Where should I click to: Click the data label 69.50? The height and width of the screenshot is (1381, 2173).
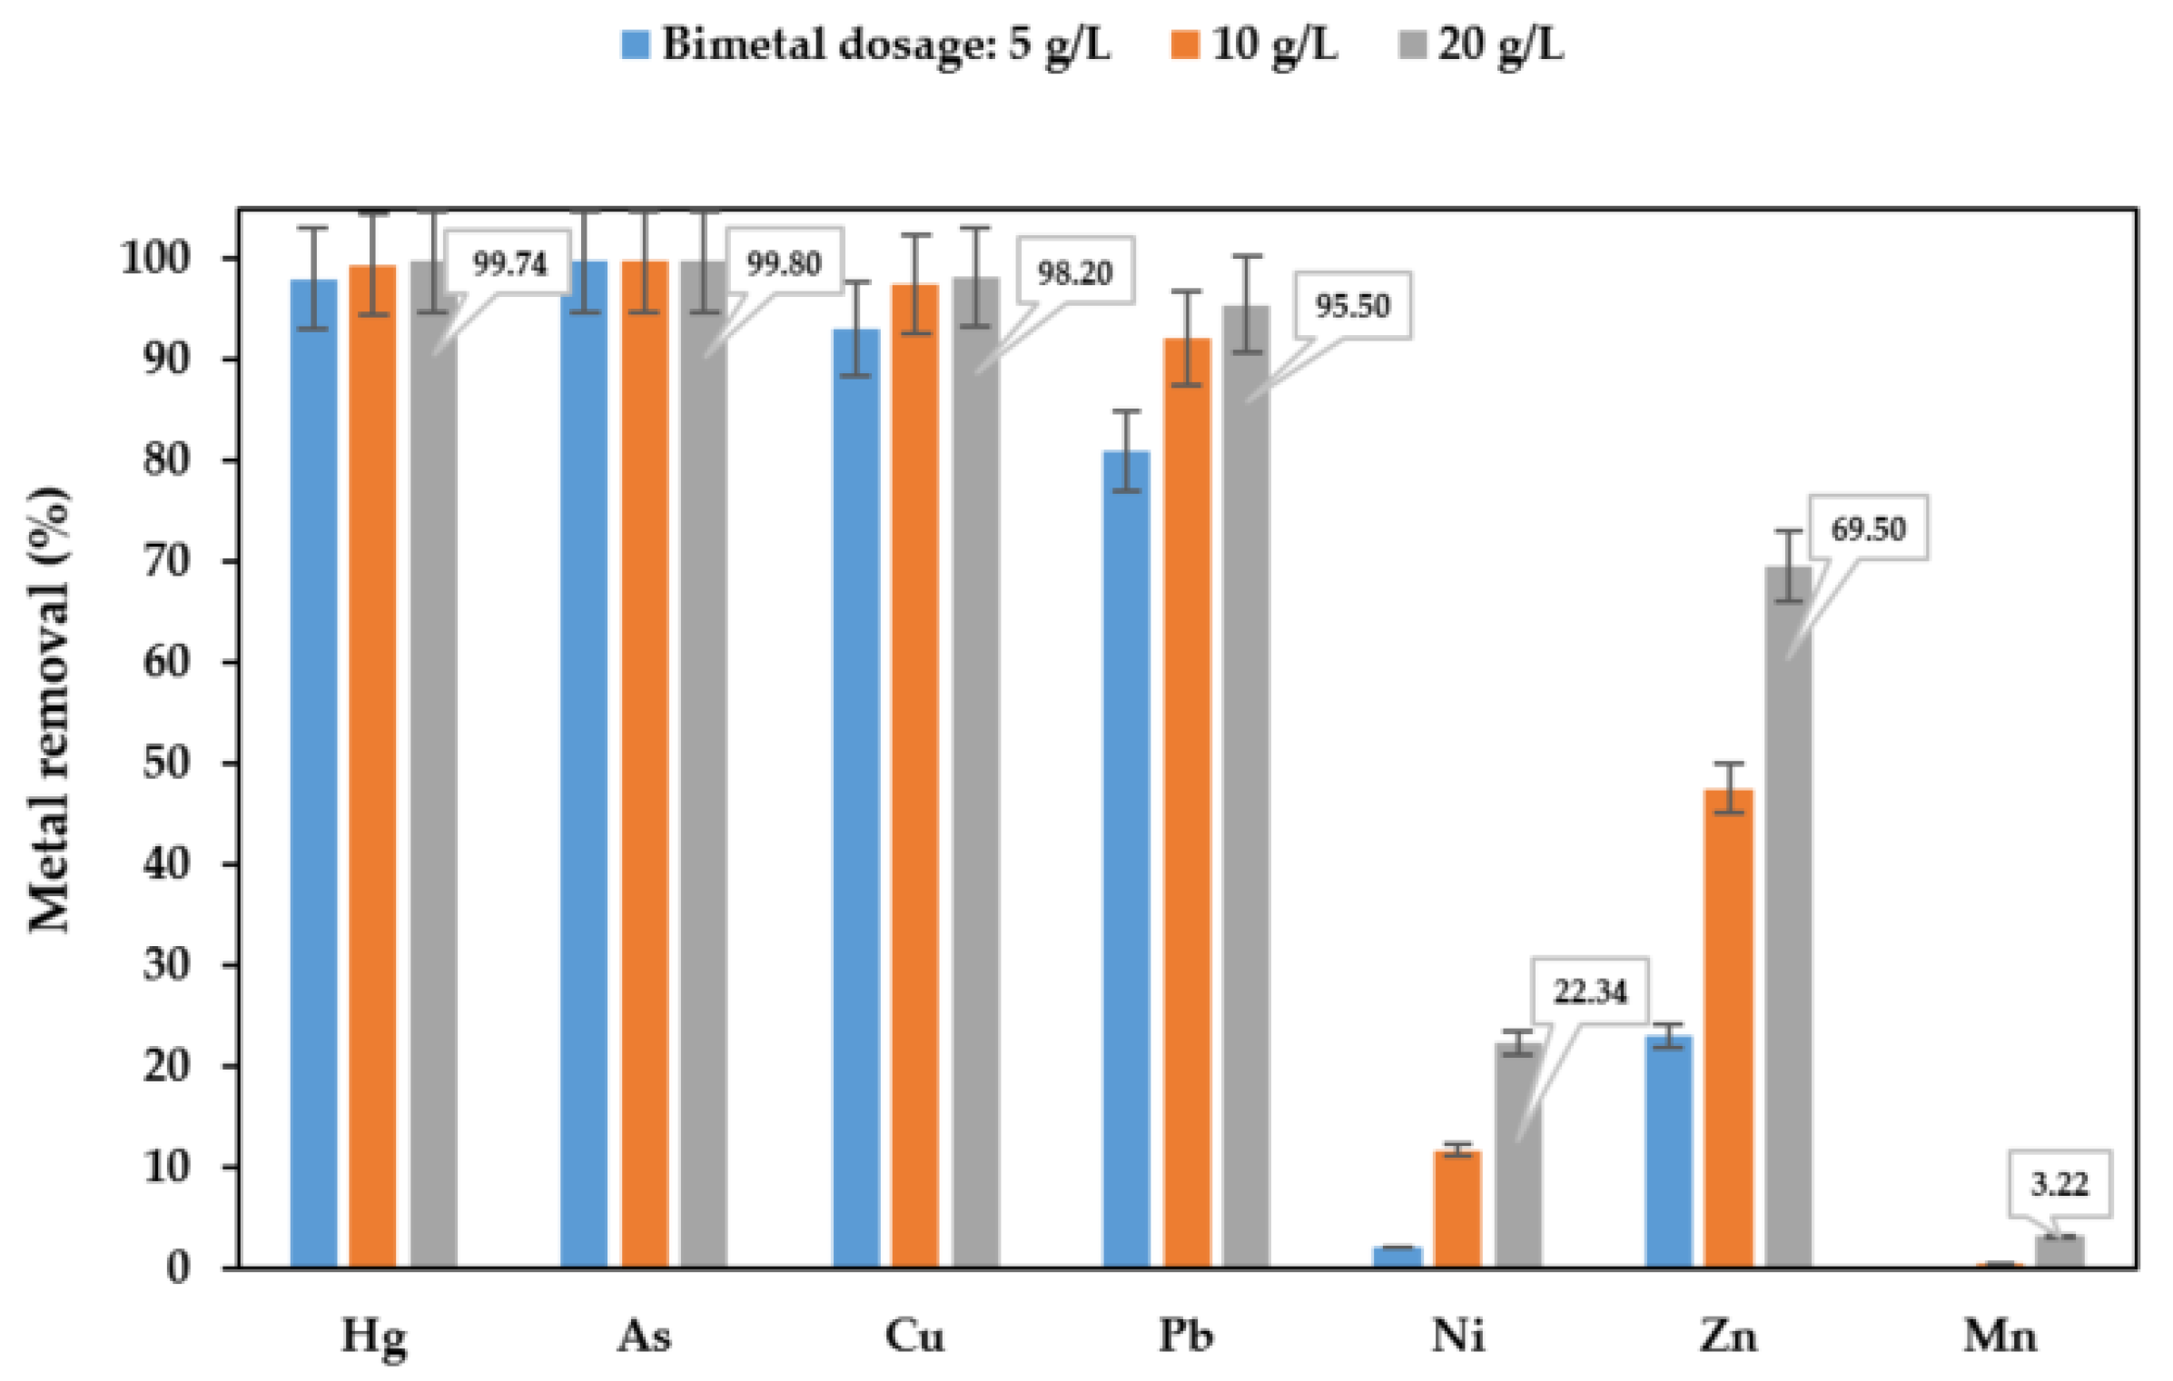(1867, 529)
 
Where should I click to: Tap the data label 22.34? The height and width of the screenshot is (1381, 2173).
(1589, 991)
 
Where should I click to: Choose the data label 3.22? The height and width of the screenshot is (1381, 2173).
(2059, 1184)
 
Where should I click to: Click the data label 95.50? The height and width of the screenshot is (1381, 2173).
(1352, 306)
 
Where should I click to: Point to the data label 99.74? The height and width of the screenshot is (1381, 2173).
(509, 264)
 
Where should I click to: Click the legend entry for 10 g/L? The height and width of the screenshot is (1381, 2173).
(1273, 44)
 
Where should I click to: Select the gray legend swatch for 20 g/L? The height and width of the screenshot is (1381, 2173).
(1412, 44)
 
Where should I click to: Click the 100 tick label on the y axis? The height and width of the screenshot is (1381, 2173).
(155, 259)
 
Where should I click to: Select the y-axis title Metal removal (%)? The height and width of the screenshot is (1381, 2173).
(50, 708)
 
